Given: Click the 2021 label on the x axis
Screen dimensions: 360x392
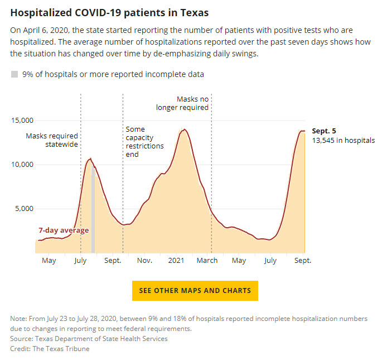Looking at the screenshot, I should tap(176, 261).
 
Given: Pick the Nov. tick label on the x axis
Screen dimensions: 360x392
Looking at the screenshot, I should tap(144, 261).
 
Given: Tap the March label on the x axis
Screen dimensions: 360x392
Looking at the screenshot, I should tap(207, 261).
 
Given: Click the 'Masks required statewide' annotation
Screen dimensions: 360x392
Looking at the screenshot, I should tap(52, 140).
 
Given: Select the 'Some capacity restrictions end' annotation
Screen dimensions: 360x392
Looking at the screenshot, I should tap(144, 142).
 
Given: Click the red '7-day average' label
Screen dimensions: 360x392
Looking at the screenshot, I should tap(63, 231).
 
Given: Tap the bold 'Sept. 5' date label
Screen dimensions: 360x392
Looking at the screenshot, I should tap(324, 131).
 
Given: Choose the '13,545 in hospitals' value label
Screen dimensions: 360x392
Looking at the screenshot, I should tap(343, 141).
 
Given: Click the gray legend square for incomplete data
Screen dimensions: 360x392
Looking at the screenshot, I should tap(14, 74).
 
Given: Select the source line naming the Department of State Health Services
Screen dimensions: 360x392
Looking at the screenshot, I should tap(89, 339).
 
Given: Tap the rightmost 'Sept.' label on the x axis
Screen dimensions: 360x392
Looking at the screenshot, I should tap(303, 261).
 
